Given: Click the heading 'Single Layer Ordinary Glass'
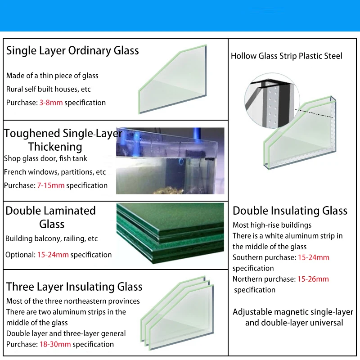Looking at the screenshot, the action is click(72, 50).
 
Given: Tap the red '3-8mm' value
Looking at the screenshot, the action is click(51, 103).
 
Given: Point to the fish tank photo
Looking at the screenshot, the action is click(170, 161).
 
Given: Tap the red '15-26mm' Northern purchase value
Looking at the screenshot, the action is click(313, 279).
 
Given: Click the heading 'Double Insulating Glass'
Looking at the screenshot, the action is click(290, 211).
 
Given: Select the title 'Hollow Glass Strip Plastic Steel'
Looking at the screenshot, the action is click(286, 56).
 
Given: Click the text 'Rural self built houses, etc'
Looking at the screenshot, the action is click(49, 89).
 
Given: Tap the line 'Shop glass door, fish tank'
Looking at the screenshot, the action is click(45, 158).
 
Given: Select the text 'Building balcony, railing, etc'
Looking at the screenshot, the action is click(51, 238).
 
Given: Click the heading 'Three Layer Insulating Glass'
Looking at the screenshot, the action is click(74, 287).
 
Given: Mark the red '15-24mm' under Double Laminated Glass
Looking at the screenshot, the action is click(53, 255).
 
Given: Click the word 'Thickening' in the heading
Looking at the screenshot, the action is click(55, 147).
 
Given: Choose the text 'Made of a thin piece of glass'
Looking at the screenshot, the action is click(52, 76).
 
